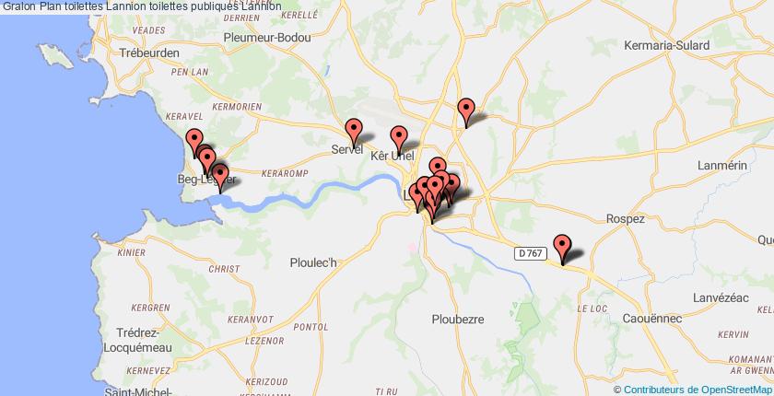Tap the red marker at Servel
pos(353,131)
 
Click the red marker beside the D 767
pos(562,247)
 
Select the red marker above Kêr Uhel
pos(399,137)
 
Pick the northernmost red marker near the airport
pos(466,110)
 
